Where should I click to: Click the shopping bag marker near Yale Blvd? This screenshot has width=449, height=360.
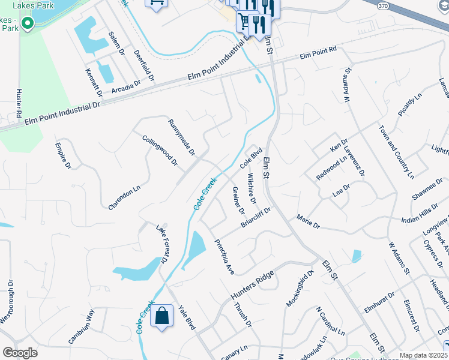[x=162, y=316]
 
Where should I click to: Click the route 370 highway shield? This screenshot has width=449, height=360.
[x=382, y=5]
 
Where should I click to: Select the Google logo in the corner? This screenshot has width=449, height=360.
[x=20, y=353]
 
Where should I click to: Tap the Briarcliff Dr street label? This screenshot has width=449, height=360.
[x=256, y=217]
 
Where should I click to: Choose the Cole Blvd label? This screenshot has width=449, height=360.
[x=252, y=157]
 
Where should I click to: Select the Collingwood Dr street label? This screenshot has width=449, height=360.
[x=160, y=150]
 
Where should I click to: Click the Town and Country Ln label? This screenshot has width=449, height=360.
[x=396, y=152]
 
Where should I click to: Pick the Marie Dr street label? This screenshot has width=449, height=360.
[x=309, y=222]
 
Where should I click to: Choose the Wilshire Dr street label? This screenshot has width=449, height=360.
[x=252, y=188]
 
